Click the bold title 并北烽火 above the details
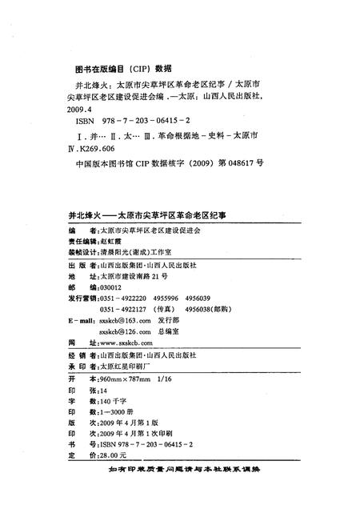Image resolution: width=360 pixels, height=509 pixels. (x=82, y=215)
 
